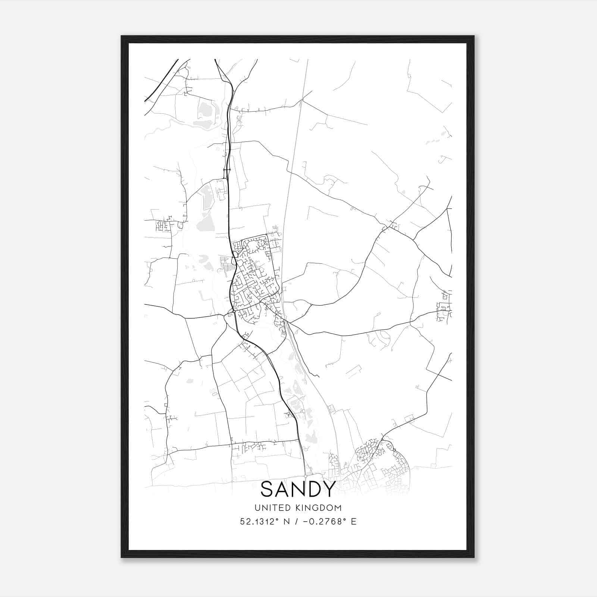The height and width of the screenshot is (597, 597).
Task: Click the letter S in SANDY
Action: pyautogui.click(x=268, y=489)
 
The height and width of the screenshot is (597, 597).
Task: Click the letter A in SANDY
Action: pyautogui.click(x=283, y=489)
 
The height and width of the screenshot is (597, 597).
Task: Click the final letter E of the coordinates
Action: pyautogui.click(x=354, y=522)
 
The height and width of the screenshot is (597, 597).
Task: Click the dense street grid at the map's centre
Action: pyautogui.click(x=254, y=276)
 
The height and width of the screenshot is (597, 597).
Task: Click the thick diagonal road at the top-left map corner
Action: pyautogui.click(x=160, y=80)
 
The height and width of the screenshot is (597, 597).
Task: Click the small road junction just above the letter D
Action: pyautogui.click(x=306, y=476)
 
